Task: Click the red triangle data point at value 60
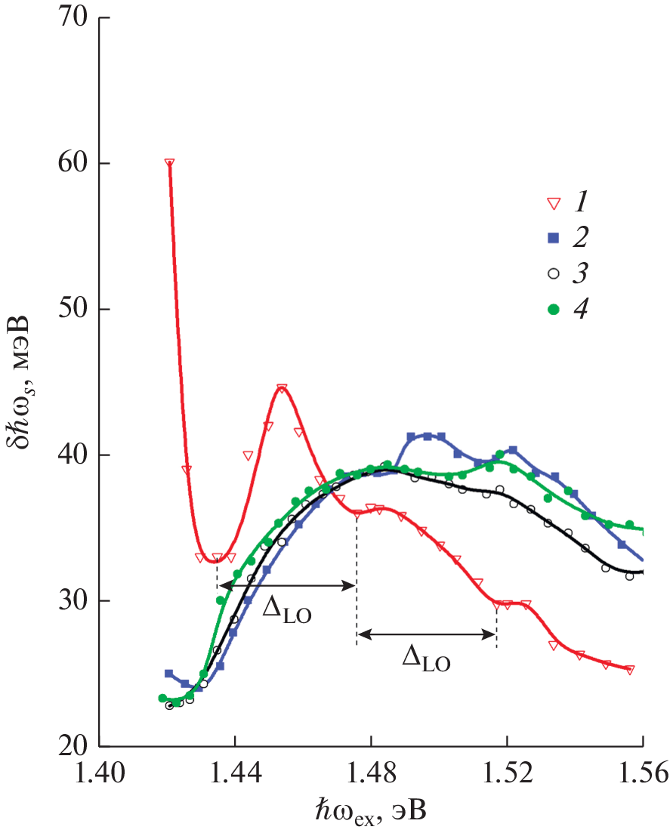(x=169, y=163)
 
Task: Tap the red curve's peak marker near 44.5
(x=282, y=389)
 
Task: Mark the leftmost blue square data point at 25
(x=169, y=673)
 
